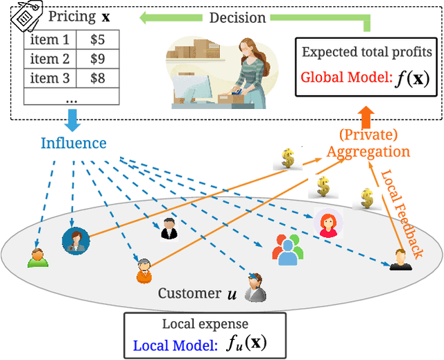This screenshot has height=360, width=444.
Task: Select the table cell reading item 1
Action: [x=49, y=40]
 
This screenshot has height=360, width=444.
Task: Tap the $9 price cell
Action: [x=97, y=59]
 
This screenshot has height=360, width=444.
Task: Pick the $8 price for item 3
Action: [x=97, y=78]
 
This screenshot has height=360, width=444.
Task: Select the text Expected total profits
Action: [x=368, y=52]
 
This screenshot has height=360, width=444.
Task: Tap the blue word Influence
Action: [x=74, y=143]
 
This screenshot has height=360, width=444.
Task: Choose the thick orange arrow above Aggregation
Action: [x=366, y=114]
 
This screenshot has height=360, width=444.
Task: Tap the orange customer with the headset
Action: [x=144, y=271]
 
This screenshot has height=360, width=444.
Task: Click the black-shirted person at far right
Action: [x=400, y=259]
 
